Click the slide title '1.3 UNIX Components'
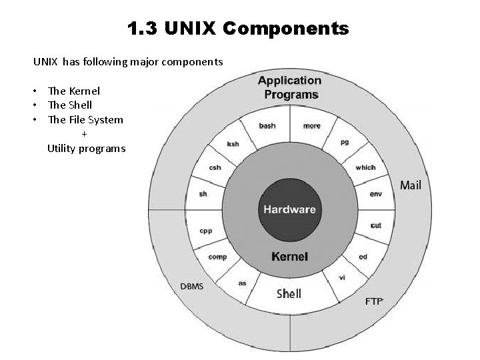pos(238,29)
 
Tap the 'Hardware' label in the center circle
pos(289,209)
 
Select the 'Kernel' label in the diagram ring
pos(289,257)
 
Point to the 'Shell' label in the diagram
pos(289,293)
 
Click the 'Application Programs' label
pos(289,87)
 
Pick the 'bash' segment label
pos(267,125)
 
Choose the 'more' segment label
pos(311,125)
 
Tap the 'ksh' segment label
pos(233,144)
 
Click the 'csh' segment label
pos(215,167)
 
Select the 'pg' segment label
pos(345,142)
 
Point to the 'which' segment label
pos(365,167)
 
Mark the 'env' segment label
pos(375,194)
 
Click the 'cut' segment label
pos(376,225)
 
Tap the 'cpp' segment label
pos(205,231)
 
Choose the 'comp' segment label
pos(217,257)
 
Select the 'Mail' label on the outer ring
pos(411,185)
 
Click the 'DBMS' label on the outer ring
pos(192,287)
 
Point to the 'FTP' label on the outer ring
pos(374,301)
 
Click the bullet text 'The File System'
pos(85,120)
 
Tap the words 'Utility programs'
pos(86,149)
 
